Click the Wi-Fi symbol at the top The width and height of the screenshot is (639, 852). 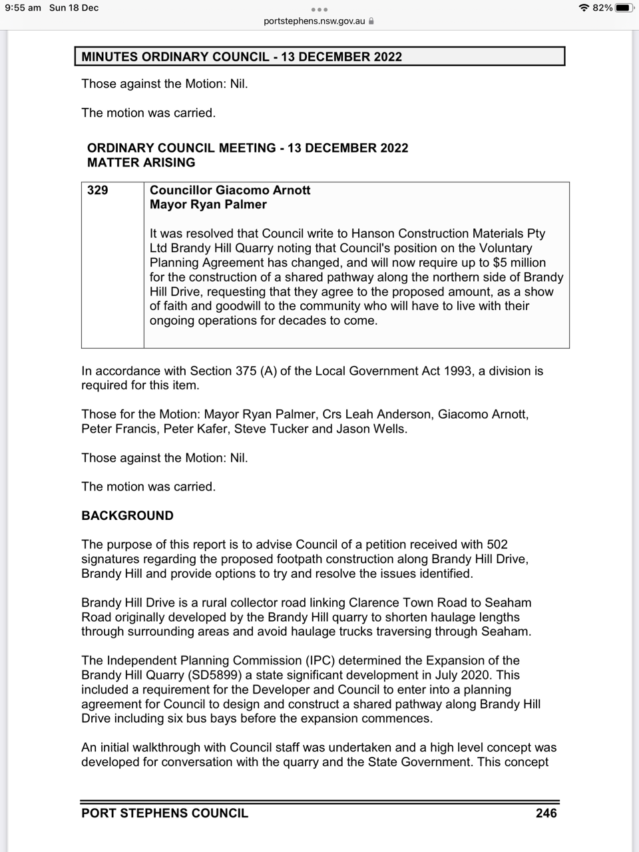[584, 7]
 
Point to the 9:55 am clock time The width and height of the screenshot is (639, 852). [23, 7]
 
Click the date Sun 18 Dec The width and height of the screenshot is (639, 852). [74, 7]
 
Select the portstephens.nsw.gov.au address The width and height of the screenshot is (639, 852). [314, 21]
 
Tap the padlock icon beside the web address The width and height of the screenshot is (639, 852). [371, 21]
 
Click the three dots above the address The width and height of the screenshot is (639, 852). [319, 9]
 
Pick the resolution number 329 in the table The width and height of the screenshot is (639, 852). [98, 190]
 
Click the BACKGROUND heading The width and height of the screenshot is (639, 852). [127, 516]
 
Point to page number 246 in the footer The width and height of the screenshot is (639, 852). [546, 813]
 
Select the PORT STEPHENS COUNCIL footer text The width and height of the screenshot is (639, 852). [164, 813]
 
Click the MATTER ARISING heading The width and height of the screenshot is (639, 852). [141, 162]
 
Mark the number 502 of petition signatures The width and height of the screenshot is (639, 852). [497, 544]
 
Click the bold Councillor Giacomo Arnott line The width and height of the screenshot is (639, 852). [230, 190]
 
